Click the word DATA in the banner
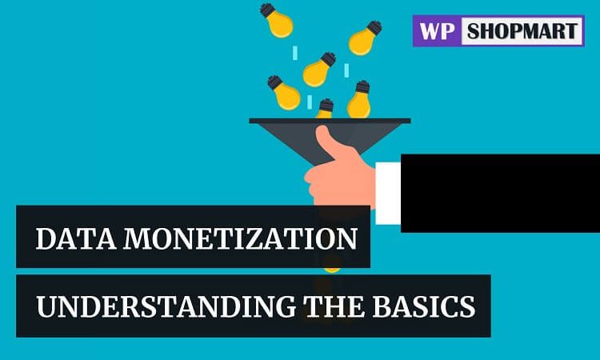[76, 238]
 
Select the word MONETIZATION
[241, 238]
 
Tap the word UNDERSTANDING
[166, 306]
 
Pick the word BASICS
[424, 306]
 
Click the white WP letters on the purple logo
[437, 31]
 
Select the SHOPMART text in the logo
[522, 31]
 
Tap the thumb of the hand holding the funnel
[330, 142]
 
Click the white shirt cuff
[388, 193]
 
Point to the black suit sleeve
[500, 193]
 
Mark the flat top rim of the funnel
[330, 121]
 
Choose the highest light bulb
[276, 20]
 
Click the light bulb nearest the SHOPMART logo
[365, 38]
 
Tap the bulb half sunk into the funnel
[325, 109]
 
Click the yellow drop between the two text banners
[331, 270]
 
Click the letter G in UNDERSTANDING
[282, 307]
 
